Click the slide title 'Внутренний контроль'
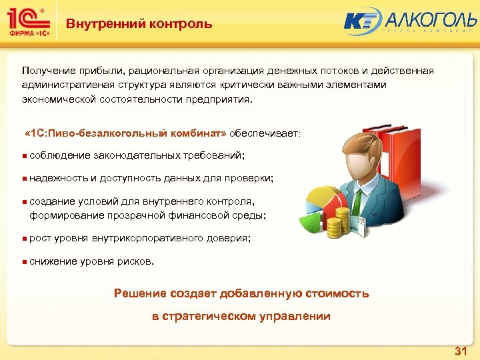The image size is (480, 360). tap(139, 24)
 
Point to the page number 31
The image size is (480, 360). tap(460, 351)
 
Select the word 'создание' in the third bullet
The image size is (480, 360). tap(51, 201)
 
